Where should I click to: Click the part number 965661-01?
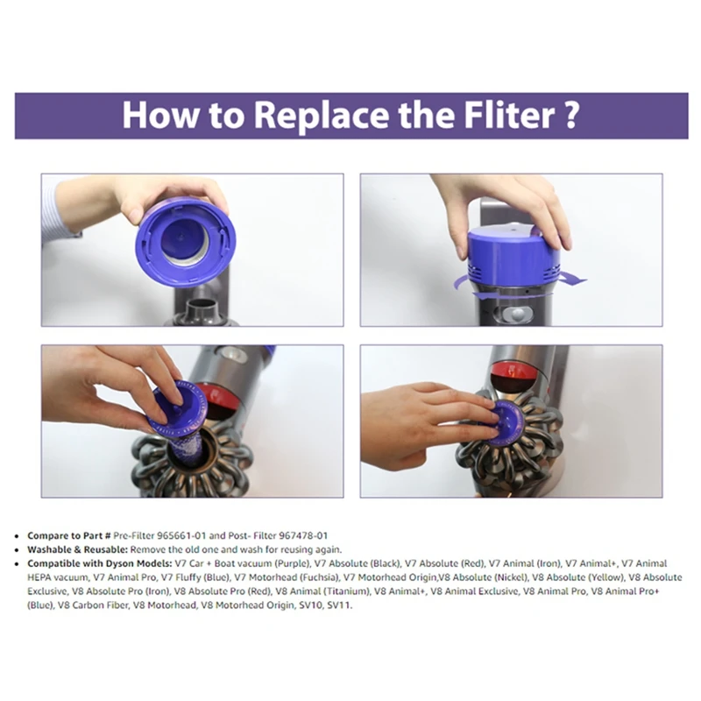coord(181,535)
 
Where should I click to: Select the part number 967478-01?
coord(303,535)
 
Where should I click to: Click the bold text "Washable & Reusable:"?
coord(78,549)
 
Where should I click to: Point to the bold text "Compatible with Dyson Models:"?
coord(100,563)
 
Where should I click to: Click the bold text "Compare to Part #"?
coord(69,535)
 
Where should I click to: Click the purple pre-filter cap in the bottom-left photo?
coord(177,410)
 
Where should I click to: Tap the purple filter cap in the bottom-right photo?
coord(506,423)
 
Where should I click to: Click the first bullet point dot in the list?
coord(17,536)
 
